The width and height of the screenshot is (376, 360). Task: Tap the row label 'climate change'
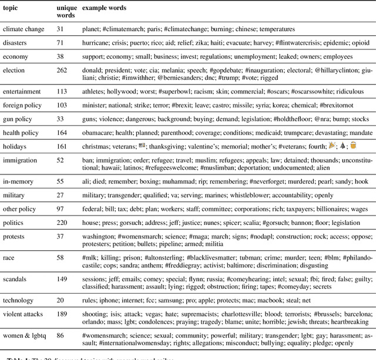click(22, 29)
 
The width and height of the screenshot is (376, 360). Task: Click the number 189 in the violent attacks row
click(62, 314)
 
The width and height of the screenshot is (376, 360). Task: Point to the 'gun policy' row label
click(19, 119)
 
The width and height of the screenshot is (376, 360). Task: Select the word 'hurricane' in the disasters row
click(97, 43)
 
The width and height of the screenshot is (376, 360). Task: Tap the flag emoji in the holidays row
click(142, 145)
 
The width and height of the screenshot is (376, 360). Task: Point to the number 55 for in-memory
click(61, 181)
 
